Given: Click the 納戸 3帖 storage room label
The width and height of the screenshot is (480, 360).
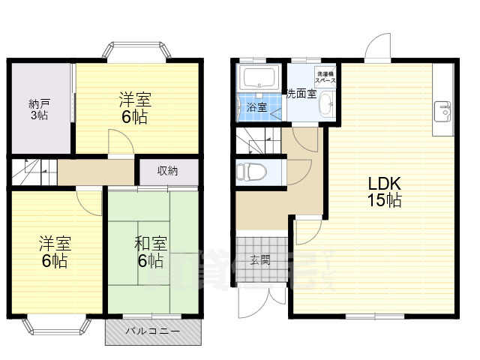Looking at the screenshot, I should click(40, 109).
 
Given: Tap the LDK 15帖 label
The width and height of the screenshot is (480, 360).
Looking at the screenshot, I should click(384, 191).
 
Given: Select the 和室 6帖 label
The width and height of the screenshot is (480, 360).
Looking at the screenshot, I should click(150, 252).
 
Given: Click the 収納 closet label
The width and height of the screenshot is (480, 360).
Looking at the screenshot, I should click(167, 170).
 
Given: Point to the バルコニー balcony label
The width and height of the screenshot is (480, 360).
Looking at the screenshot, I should click(152, 331).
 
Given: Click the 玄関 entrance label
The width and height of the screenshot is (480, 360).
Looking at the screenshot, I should click(260, 260).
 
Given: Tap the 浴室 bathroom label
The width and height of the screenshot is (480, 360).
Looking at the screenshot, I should click(256, 107).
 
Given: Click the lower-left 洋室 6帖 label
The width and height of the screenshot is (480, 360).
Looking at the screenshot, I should click(54, 252).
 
